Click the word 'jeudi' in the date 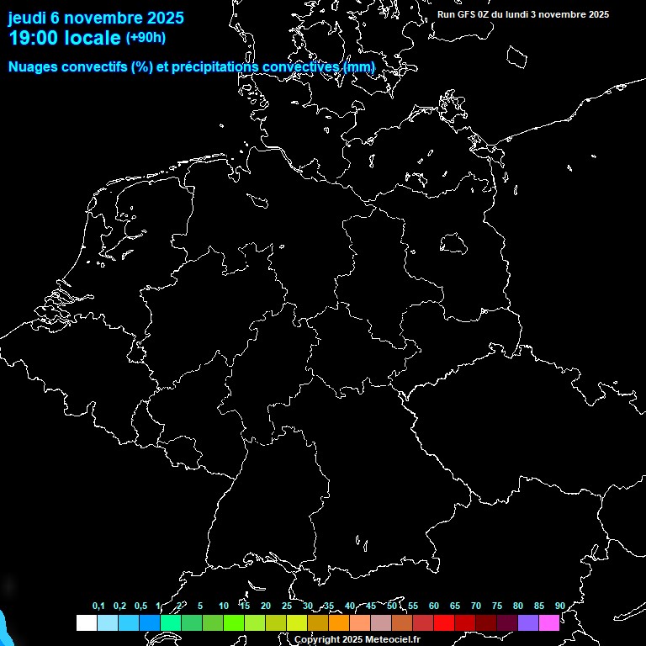pyautogui.click(x=27, y=18)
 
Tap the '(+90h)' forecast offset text pyautogui.click(x=146, y=38)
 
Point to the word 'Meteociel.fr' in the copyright pyautogui.click(x=392, y=640)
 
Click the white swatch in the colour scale pyautogui.click(x=87, y=622)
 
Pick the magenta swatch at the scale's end pyautogui.click(x=549, y=622)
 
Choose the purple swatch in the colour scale pyautogui.click(x=528, y=622)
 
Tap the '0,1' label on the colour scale pyautogui.click(x=98, y=606)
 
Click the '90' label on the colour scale pyautogui.click(x=559, y=606)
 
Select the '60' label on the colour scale pyautogui.click(x=434, y=606)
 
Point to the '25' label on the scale pyautogui.click(x=287, y=606)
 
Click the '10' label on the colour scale pyautogui.click(x=224, y=606)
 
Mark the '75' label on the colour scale pyautogui.click(x=497, y=606)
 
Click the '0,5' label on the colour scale pyautogui.click(x=140, y=606)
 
